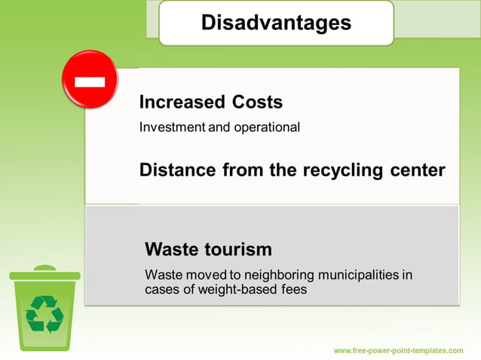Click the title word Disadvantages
pyautogui.click(x=276, y=23)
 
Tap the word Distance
pyautogui.click(x=177, y=169)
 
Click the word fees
pyautogui.click(x=294, y=289)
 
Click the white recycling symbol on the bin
pyautogui.click(x=45, y=313)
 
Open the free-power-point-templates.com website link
pyautogui.click(x=398, y=351)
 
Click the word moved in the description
pyautogui.click(x=199, y=275)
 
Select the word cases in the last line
pyautogui.click(x=162, y=289)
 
